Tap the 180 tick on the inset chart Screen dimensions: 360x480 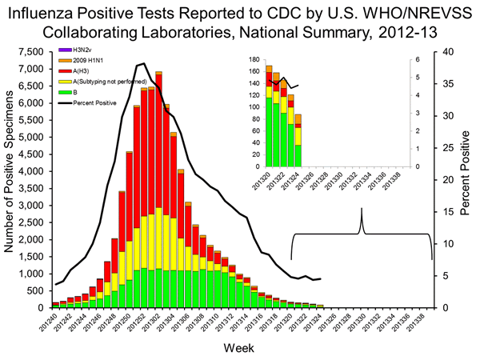tap(254, 60)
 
